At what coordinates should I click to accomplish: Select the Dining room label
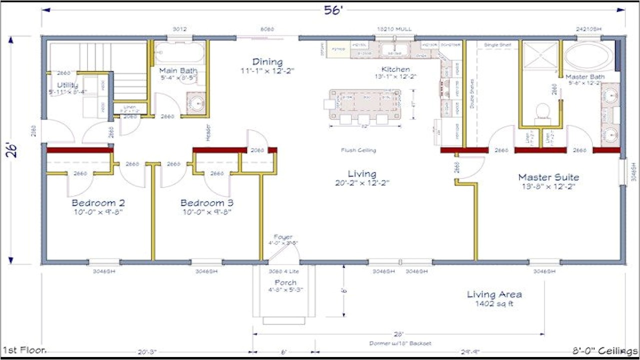(x=267, y=62)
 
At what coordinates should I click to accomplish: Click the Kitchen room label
(x=395, y=69)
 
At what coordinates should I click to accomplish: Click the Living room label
(x=362, y=174)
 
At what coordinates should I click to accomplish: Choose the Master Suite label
(x=548, y=177)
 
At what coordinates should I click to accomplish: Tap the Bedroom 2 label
(x=98, y=203)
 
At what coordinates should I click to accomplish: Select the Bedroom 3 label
(x=206, y=203)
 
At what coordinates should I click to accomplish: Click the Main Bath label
(x=178, y=71)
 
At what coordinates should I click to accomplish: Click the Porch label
(x=285, y=283)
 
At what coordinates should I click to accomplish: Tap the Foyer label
(x=283, y=237)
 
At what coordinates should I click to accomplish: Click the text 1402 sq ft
(x=494, y=303)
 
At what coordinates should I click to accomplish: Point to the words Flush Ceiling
(x=358, y=150)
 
